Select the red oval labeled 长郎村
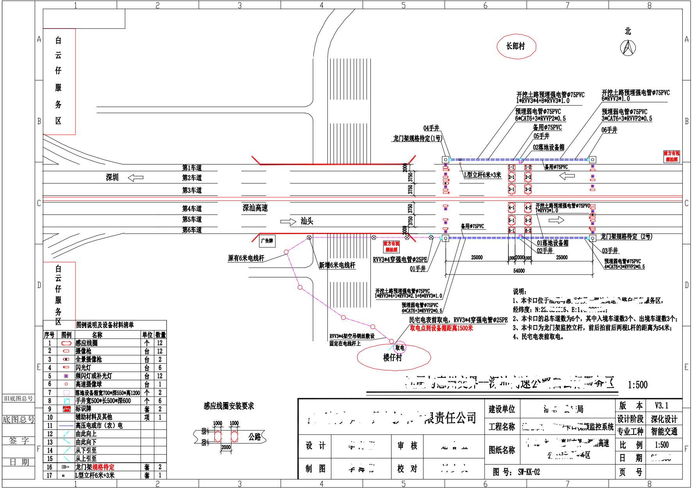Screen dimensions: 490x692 [516, 46]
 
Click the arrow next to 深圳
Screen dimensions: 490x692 [136, 178]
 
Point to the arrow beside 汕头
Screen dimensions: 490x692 [288, 222]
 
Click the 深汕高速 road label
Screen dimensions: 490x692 [255, 208]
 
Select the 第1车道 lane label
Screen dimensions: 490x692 [192, 168]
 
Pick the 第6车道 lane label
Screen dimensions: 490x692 [192, 230]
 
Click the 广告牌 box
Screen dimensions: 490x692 [267, 241]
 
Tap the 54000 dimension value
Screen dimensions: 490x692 [519, 271]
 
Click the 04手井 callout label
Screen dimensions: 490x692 [431, 128]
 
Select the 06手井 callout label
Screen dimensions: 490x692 [609, 130]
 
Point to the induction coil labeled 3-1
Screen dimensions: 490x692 [511, 190]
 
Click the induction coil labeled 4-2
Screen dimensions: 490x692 [528, 207]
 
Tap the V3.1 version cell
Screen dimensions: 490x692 [662, 405]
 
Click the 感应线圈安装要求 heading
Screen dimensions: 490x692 [229, 406]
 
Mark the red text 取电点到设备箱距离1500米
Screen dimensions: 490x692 [441, 328]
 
